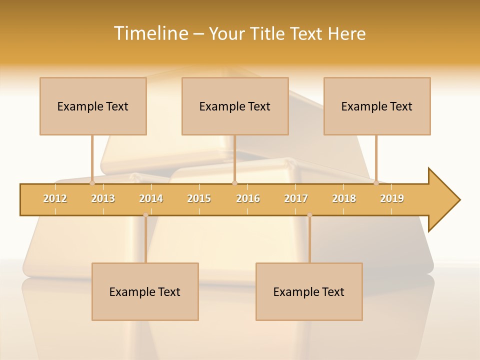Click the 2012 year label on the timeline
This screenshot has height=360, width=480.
pyautogui.click(x=55, y=198)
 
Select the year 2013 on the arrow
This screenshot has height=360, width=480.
pyautogui.click(x=103, y=198)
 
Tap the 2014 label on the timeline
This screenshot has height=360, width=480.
pyautogui.click(x=151, y=198)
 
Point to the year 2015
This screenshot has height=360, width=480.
pyautogui.click(x=199, y=198)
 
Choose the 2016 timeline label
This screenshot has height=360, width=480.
pyautogui.click(x=248, y=198)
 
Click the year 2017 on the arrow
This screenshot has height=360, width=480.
pyautogui.click(x=296, y=198)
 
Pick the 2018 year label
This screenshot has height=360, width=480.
pyautogui.click(x=344, y=198)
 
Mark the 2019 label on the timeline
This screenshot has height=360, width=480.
pyautogui.click(x=392, y=198)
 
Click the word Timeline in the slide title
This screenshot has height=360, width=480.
pyautogui.click(x=150, y=33)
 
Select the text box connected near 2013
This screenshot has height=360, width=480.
pyautogui.click(x=93, y=106)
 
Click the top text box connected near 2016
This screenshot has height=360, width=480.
pyautogui.click(x=235, y=106)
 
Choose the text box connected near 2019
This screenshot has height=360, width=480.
pyautogui.click(x=377, y=106)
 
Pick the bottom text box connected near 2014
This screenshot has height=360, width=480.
pyautogui.click(x=145, y=291)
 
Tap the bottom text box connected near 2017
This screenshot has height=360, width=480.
pyautogui.click(x=309, y=291)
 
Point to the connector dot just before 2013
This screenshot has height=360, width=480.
pyautogui.click(x=92, y=183)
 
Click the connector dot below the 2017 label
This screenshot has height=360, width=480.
pyautogui.click(x=309, y=215)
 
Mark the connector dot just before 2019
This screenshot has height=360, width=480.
pyautogui.click(x=376, y=183)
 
